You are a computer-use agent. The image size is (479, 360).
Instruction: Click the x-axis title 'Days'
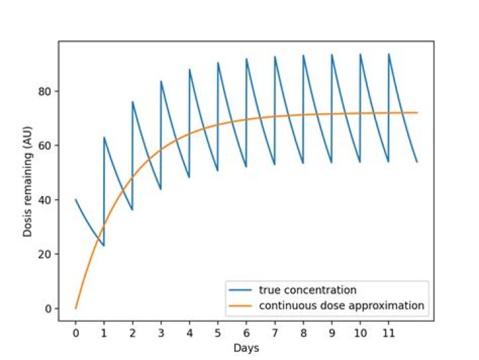246,348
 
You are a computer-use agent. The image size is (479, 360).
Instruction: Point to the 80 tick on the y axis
47,91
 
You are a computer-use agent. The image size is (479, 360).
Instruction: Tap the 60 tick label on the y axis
47,145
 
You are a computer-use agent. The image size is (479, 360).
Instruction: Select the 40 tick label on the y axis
47,200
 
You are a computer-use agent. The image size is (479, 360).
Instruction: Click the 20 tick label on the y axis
47,254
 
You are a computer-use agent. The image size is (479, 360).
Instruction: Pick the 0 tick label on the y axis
49,309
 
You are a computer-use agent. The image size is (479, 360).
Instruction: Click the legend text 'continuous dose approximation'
341,306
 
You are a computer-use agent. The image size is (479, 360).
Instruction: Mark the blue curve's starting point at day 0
76,200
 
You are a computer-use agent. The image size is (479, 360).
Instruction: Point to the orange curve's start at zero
76,308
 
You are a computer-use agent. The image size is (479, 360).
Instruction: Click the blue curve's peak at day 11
389,54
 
